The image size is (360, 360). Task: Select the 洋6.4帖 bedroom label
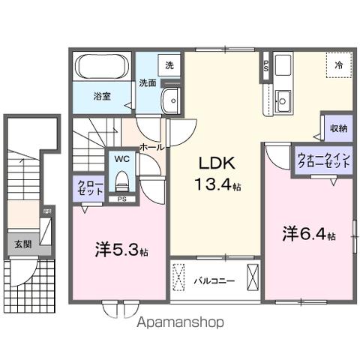pyautogui.click(x=308, y=233)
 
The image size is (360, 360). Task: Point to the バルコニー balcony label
pyautogui.click(x=214, y=281)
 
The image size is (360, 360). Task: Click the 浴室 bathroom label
pyautogui.click(x=103, y=97)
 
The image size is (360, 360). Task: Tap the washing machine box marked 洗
pyautogui.click(x=169, y=65)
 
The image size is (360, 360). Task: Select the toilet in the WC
pyautogui.click(x=121, y=179)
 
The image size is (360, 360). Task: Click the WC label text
pyautogui.click(x=121, y=159)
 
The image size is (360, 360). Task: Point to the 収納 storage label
pyautogui.click(x=338, y=128)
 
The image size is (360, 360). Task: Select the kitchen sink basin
pyautogui.click(x=283, y=98)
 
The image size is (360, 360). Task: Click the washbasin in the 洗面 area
pyautogui.click(x=172, y=98)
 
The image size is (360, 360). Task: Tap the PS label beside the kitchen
pyautogui.click(x=265, y=66)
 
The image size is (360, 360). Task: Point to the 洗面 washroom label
pyautogui.click(x=147, y=83)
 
